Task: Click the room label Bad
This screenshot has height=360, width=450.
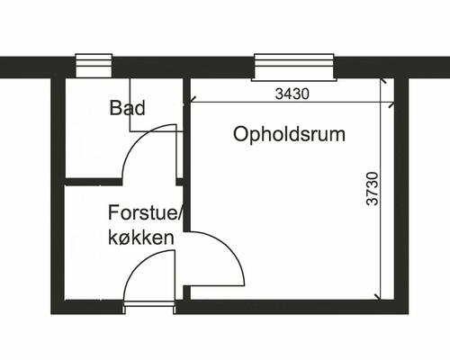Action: (x=127, y=108)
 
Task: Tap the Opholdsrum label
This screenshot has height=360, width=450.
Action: (x=289, y=134)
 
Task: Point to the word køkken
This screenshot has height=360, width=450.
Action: (x=141, y=238)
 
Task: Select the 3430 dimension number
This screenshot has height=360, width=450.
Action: (x=292, y=94)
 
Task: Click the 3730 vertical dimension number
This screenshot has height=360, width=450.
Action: (x=373, y=188)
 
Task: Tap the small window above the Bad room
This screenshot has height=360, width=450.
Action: (x=94, y=66)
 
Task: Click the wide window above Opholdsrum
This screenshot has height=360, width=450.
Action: (x=294, y=67)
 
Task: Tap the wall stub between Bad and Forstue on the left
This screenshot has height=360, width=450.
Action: (x=94, y=182)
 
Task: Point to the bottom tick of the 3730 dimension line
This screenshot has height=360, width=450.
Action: (x=379, y=297)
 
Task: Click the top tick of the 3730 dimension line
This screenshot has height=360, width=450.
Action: (x=383, y=81)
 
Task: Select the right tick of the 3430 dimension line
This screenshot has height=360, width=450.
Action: (x=391, y=105)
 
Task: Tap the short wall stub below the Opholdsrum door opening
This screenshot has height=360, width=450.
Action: (x=186, y=292)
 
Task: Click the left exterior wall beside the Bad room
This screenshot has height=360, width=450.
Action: (x=58, y=129)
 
